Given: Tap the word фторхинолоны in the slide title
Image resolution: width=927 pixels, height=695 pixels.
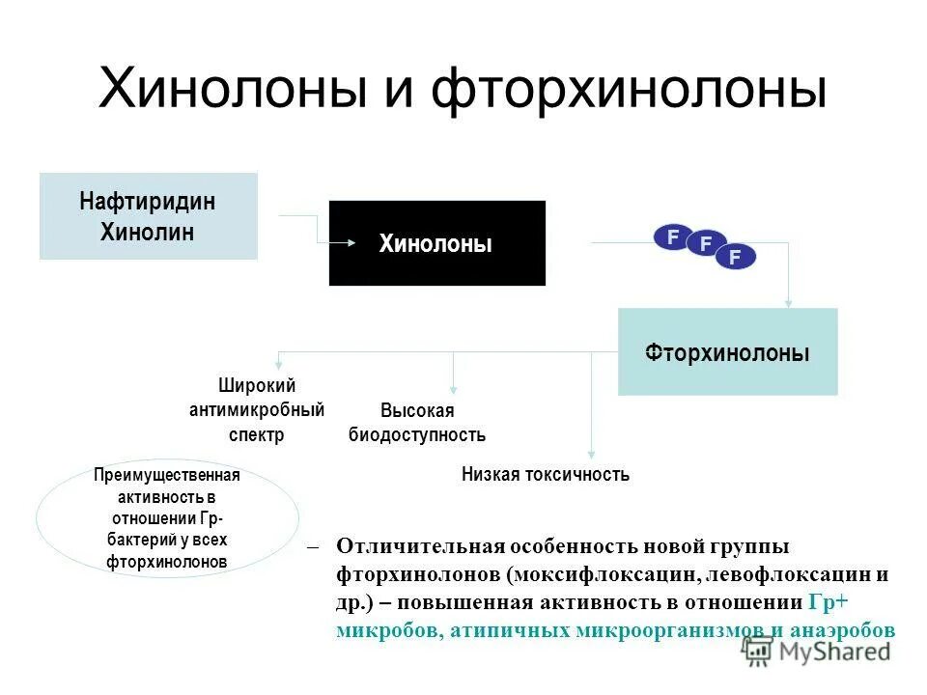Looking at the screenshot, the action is click(x=628, y=90).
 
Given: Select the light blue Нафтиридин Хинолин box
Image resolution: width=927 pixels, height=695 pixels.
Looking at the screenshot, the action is click(x=149, y=216).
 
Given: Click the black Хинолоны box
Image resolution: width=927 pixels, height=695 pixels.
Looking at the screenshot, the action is click(x=436, y=243).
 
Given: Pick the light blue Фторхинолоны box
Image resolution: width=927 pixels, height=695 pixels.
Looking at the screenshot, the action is click(x=727, y=351).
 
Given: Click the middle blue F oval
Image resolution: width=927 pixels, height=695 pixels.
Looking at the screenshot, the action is click(x=705, y=245).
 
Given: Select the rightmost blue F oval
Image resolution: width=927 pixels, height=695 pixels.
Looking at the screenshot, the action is click(x=736, y=256).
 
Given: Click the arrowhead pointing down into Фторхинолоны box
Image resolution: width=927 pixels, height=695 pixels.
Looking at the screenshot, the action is click(x=790, y=303).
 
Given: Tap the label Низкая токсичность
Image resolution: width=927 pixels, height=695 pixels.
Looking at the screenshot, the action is click(x=546, y=474).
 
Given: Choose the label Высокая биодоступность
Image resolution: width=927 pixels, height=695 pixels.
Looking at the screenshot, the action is click(x=417, y=423).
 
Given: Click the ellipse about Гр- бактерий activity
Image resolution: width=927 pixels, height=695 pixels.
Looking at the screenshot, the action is click(x=167, y=518).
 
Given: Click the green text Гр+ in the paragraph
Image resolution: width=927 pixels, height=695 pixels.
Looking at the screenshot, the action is click(x=827, y=602).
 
